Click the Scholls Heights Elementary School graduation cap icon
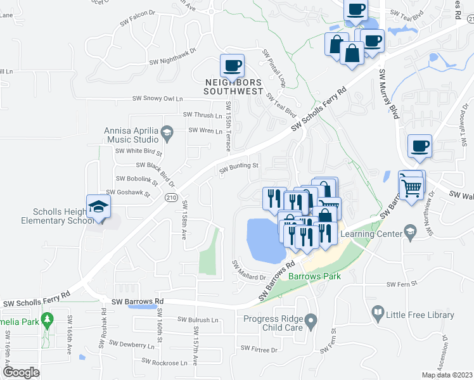[98, 206]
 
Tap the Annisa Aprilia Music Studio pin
[167, 132]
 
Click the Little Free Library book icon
[378, 312]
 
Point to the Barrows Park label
[314, 276]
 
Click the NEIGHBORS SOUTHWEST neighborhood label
[233, 87]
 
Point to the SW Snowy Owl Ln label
[157, 99]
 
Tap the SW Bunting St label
[240, 167]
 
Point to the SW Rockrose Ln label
[164, 362]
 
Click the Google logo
[21, 372]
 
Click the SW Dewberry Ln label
[132, 345]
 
